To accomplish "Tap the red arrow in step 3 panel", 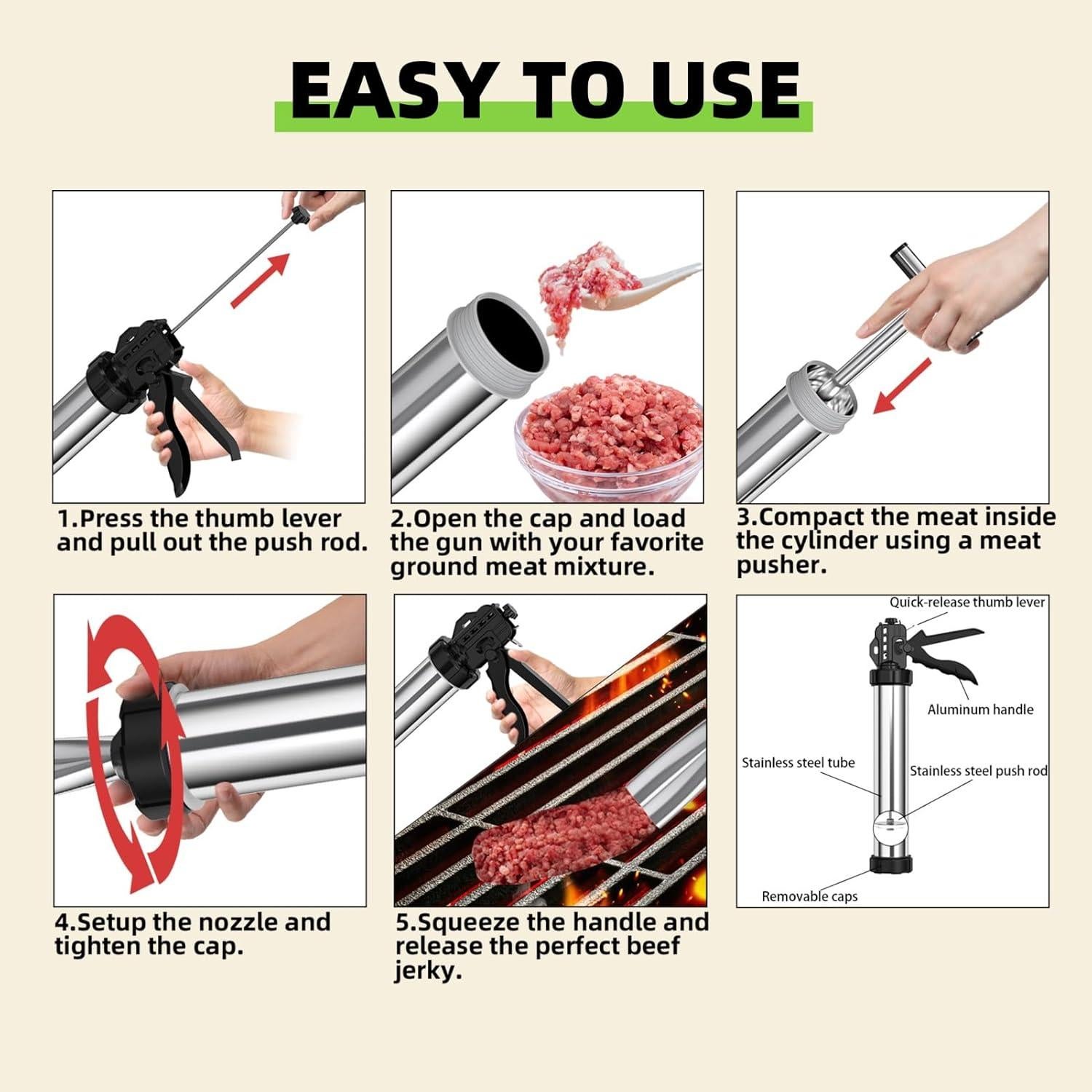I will pos(903,386).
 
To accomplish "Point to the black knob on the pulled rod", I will pos(298,216).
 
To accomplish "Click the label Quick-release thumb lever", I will pos(967,602).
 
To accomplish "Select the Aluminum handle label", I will pos(980,709).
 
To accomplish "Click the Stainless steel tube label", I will pos(798,763).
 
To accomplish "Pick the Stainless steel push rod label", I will pos(978,771).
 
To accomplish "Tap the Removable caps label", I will pos(810,896).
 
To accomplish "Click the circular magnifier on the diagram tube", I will pos(890,830).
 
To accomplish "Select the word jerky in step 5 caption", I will pos(428,970).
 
